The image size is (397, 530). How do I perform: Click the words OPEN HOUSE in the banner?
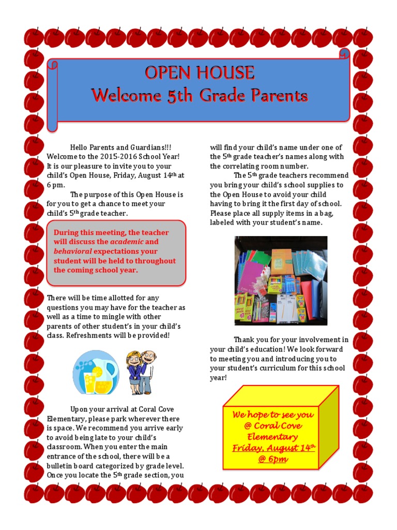(199, 73)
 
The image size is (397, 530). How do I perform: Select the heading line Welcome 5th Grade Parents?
(199, 96)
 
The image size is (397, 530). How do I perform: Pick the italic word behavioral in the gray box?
(71, 251)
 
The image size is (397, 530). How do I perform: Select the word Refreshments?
(90, 336)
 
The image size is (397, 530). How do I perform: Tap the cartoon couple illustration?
(140, 372)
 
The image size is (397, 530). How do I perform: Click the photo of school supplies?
(281, 281)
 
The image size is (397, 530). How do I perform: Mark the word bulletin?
(60, 465)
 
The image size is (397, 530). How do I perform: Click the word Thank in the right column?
(244, 340)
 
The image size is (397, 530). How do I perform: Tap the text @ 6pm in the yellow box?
(273, 459)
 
